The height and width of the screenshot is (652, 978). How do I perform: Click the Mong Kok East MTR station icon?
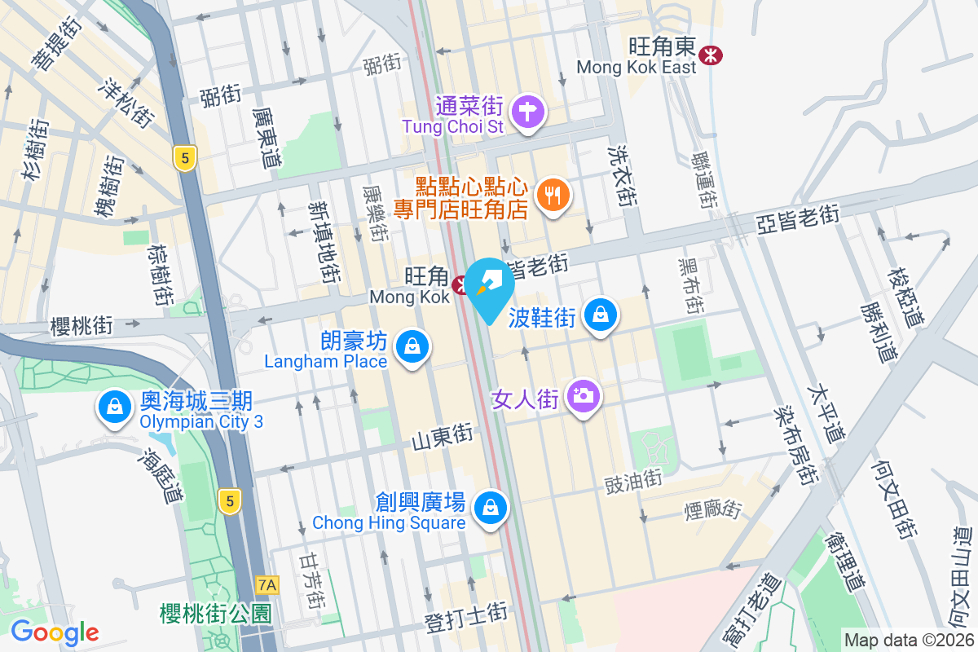pos(711,55)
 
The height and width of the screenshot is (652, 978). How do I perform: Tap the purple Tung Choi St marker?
pos(528,110)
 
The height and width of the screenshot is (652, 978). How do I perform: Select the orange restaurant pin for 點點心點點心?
pos(554,195)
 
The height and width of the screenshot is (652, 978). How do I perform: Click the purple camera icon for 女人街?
pos(583,396)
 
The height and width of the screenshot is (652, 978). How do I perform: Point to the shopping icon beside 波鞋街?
pos(601,314)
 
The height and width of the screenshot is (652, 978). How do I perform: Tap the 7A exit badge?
pos(267,584)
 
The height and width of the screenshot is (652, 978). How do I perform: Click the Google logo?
pos(55,632)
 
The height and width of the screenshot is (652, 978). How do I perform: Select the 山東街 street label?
pos(442,438)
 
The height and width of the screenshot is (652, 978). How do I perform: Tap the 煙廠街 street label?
pos(713,510)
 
